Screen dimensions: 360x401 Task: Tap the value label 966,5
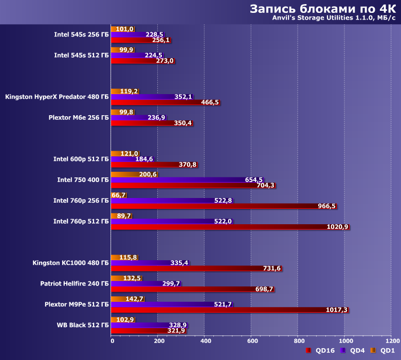coord(326,206)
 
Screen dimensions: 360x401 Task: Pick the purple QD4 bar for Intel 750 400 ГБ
coord(180,179)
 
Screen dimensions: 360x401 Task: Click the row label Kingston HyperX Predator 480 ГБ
coord(57,96)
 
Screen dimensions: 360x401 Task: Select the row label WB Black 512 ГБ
coord(82,325)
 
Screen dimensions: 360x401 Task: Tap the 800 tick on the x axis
coord(298,340)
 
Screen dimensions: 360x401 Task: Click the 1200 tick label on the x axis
coord(391,340)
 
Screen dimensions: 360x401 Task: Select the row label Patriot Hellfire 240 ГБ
coord(75,283)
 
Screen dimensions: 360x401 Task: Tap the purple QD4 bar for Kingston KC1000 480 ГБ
coord(144,263)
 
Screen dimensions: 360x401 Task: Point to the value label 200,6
coord(148,174)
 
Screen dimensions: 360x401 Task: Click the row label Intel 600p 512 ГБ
coord(81,159)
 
